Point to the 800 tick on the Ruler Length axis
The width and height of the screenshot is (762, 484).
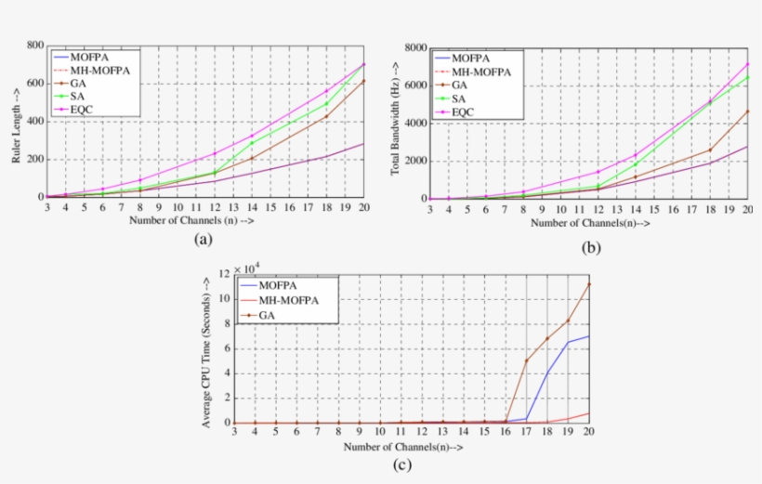click(x=34, y=45)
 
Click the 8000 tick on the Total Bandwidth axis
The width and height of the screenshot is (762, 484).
click(x=414, y=47)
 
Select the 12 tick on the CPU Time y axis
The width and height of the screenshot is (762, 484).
click(x=223, y=274)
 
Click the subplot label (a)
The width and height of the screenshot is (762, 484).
click(x=204, y=240)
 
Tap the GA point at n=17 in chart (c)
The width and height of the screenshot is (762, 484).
click(x=527, y=360)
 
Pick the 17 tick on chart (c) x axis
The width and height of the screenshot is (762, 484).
click(x=526, y=432)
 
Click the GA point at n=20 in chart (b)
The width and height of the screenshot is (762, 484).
click(x=747, y=111)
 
